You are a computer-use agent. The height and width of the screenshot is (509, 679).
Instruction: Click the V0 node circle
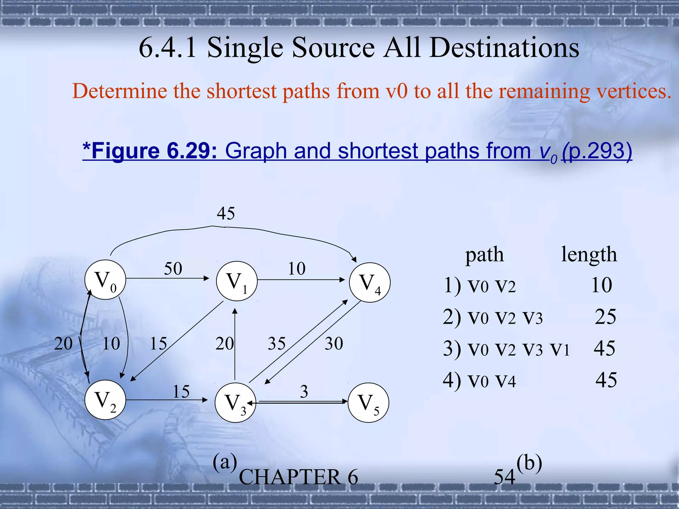[x=105, y=280]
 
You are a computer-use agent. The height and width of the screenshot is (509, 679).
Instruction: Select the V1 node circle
[x=237, y=281]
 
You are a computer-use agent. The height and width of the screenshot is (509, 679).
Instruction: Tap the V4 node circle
[x=370, y=283]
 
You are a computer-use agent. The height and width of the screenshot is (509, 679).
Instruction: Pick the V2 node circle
[x=105, y=400]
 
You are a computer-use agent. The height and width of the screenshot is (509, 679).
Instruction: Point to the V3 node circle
[x=235, y=403]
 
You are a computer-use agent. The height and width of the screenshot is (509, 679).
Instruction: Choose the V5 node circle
[x=368, y=403]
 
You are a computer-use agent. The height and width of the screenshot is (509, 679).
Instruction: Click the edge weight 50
[x=173, y=268]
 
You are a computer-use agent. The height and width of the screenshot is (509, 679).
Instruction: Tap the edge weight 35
[x=277, y=343]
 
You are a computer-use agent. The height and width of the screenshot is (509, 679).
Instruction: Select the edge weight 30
[x=334, y=343]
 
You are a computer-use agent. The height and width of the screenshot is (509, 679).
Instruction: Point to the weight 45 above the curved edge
[x=226, y=213]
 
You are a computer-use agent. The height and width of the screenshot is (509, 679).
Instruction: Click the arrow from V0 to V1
[x=167, y=278]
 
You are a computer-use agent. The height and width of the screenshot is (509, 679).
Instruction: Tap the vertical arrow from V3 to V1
[x=235, y=345]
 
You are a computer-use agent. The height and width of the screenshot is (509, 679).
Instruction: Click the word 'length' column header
[x=589, y=255]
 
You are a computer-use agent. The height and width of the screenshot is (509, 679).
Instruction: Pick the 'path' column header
[x=484, y=255]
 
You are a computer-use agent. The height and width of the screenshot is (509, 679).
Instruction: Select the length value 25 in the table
[x=605, y=316]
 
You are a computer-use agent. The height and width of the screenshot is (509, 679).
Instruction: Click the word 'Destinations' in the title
[x=504, y=47]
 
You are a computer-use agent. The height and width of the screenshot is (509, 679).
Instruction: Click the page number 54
[x=504, y=477]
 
